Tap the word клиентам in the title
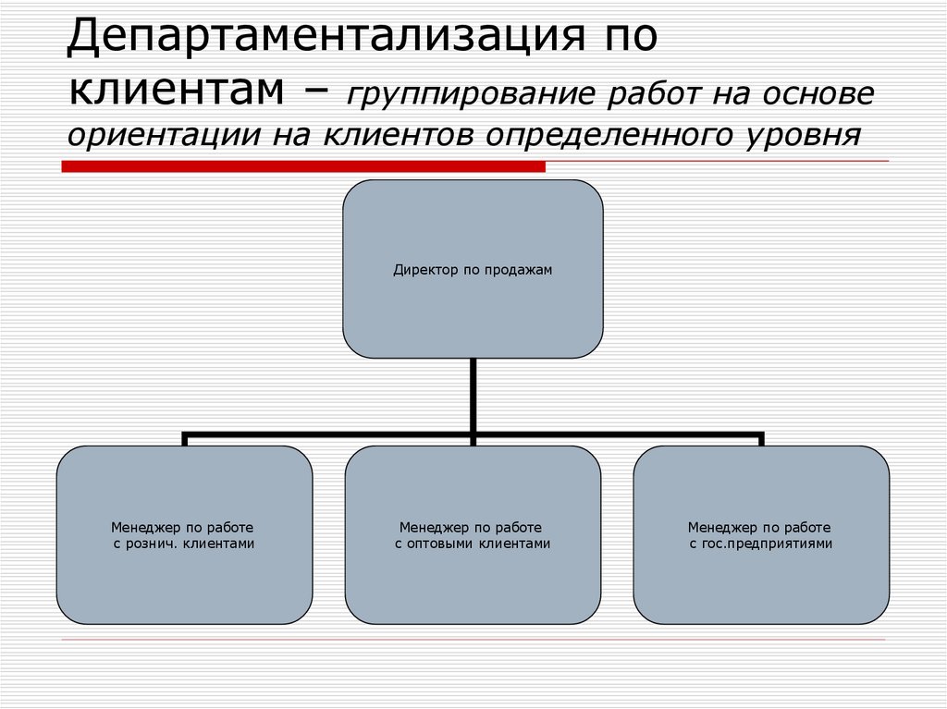(176, 91)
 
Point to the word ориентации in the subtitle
(160, 136)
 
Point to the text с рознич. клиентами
(184, 544)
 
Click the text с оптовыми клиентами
(473, 544)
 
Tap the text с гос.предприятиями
(761, 544)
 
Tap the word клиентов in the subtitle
(403, 136)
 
